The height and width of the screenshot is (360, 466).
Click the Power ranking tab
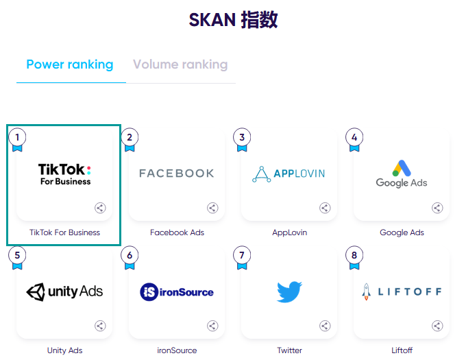coord(69,65)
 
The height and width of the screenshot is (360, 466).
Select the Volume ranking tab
coord(180,65)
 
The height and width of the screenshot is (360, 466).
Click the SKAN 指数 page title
coord(233,20)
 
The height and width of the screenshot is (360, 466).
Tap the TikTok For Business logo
coord(64,173)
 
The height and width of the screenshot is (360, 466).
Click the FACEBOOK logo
coord(177,173)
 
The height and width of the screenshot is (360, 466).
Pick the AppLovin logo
coord(289,173)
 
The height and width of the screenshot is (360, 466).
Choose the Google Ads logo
coord(402,174)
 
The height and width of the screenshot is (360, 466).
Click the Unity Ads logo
coord(64,291)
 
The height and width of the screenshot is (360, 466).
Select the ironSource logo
coord(177,292)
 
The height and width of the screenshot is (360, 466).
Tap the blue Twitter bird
coord(289,291)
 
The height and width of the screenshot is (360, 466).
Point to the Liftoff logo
coord(402,291)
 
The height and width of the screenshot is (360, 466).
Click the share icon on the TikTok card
coord(100,208)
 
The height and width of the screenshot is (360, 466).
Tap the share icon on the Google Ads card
coord(437,208)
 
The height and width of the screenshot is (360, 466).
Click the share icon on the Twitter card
coord(325,326)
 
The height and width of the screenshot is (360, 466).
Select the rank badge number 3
coord(242,137)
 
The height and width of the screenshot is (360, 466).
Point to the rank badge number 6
coord(130,255)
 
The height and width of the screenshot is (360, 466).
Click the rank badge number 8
coord(354,255)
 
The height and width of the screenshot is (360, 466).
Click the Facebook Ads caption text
coord(177,232)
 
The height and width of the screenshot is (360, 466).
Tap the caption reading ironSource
coord(177,350)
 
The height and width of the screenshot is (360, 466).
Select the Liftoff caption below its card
coord(402,350)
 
